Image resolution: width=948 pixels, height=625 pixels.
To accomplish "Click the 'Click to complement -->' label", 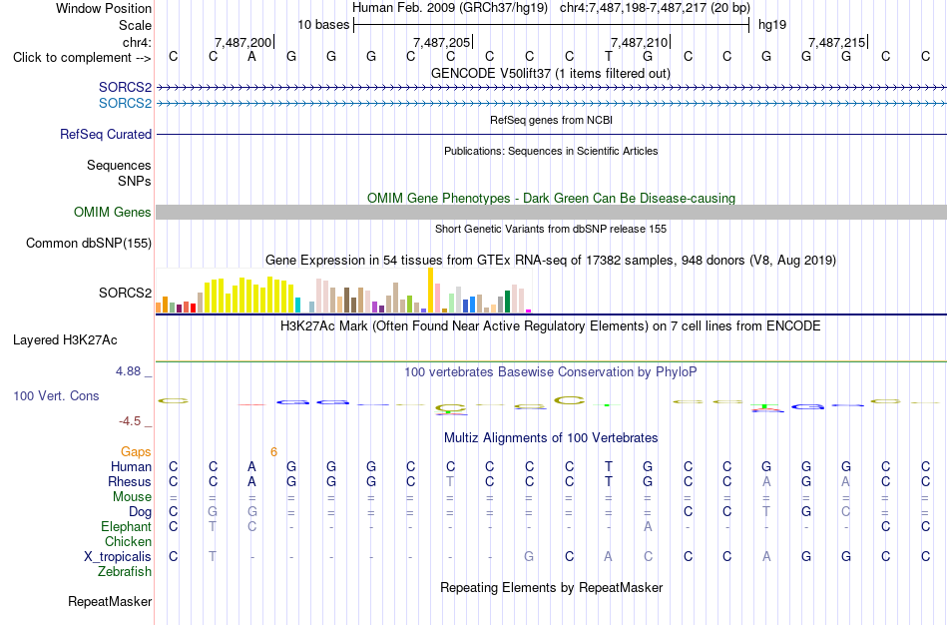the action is coord(82,58).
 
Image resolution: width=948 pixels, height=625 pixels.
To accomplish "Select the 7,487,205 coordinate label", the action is coord(441,42).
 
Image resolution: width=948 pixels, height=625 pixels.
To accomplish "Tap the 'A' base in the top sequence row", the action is coord(252,57).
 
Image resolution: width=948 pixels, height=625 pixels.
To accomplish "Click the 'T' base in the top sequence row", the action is coord(609,57).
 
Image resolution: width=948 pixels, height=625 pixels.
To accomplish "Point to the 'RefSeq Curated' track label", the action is coord(106,135).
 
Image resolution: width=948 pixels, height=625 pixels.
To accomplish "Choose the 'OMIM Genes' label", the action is coord(113,213).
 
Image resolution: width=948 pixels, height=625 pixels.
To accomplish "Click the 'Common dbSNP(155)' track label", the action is coord(89,244).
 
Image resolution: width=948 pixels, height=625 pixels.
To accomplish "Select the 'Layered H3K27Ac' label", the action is coord(65,340).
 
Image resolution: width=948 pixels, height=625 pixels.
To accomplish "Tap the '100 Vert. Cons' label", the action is coord(56,395).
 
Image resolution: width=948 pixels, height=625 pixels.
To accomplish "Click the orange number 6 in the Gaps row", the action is coord(273,452).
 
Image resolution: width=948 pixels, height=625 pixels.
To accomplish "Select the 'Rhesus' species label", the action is coord(130,482).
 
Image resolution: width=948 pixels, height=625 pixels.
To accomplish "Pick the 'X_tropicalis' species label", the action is coord(118,557).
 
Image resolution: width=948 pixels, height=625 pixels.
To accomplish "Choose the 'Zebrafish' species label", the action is coord(125,572).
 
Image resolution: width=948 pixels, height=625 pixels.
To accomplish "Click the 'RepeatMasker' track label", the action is coord(110,601).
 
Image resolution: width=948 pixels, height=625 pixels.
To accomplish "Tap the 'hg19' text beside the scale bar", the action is coord(772,25).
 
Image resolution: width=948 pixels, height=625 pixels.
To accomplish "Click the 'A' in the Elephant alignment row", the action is coord(648,527).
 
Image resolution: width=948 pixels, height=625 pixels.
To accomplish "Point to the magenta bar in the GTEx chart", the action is coord(529,311).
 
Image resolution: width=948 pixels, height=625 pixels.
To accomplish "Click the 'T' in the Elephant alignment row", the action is coord(213,527).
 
